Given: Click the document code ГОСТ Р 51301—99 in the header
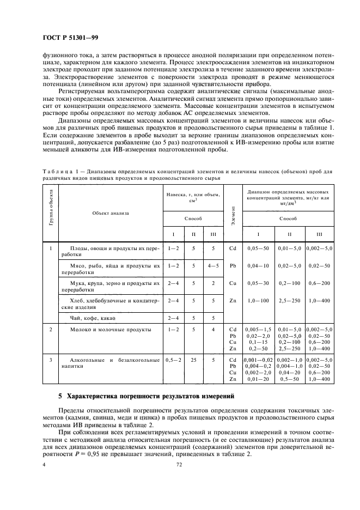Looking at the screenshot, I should [71, 38].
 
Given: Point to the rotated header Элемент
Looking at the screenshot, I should [233, 212].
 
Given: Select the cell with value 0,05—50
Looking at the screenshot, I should [258, 248].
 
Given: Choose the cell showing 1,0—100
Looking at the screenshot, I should [258, 300].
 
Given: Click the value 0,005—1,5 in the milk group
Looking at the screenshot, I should [258, 330].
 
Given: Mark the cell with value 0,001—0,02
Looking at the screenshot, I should [258, 360].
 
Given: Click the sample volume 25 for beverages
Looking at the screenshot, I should [193, 360].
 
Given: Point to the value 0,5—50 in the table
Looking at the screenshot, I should [290, 378].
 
